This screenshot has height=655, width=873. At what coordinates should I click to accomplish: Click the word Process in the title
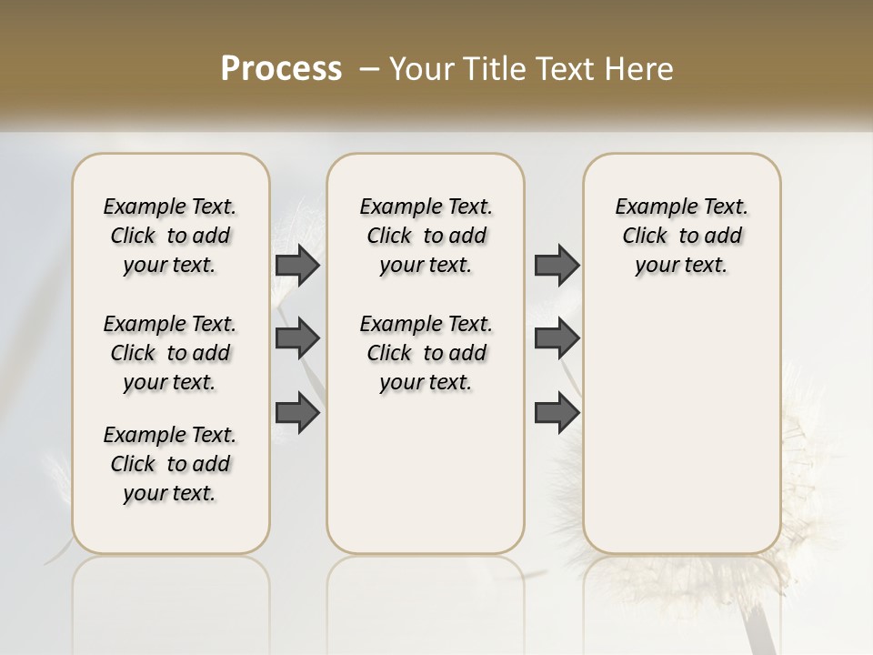pyautogui.click(x=281, y=69)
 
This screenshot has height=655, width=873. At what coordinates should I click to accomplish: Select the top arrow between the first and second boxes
pyautogui.click(x=297, y=265)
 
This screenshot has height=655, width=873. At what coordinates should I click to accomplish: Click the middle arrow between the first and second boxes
pyautogui.click(x=297, y=339)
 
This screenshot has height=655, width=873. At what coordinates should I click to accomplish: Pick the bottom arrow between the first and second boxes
pyautogui.click(x=297, y=413)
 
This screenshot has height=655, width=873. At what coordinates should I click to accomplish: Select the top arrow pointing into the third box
pyautogui.click(x=557, y=265)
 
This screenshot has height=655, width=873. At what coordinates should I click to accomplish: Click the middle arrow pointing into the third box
pyautogui.click(x=557, y=339)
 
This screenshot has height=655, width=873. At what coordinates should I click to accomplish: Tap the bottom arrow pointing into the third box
pyautogui.click(x=557, y=413)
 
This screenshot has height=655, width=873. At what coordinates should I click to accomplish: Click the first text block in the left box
pyautogui.click(x=170, y=236)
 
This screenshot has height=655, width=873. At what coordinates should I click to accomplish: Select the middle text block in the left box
pyautogui.click(x=170, y=353)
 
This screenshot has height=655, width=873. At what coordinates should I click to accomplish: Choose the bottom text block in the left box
pyautogui.click(x=170, y=464)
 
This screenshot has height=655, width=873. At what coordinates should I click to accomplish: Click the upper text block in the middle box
pyautogui.click(x=426, y=236)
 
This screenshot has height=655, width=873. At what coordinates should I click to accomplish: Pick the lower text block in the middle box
pyautogui.click(x=426, y=353)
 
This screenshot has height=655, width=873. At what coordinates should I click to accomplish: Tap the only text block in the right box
pyautogui.click(x=682, y=236)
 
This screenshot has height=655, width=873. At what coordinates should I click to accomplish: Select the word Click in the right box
pyautogui.click(x=645, y=237)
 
